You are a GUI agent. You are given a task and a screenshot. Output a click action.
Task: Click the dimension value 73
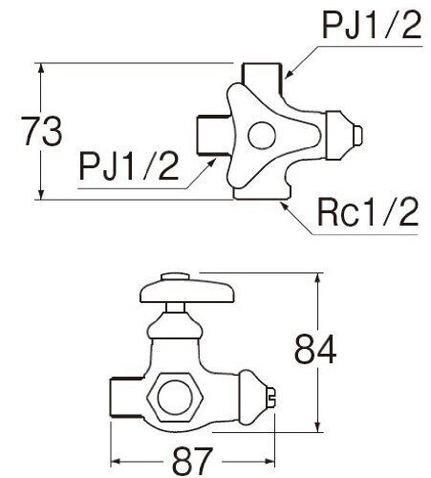click(42, 131)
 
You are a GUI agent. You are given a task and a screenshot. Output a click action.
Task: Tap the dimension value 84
click(315, 349)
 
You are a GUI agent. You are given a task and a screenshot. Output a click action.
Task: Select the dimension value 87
click(192, 461)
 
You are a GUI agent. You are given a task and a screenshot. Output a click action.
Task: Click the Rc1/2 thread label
click(367, 211)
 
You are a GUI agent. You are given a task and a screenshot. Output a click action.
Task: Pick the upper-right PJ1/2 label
click(372, 24)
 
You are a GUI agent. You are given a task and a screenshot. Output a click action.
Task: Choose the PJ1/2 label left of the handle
click(128, 165)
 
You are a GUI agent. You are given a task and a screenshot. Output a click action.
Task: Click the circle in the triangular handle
click(262, 136)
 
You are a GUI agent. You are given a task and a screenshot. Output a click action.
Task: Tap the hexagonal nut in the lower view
click(174, 397)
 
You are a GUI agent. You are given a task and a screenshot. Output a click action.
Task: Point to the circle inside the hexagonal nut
click(174, 397)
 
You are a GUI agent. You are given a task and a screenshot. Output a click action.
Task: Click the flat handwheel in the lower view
click(187, 292)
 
